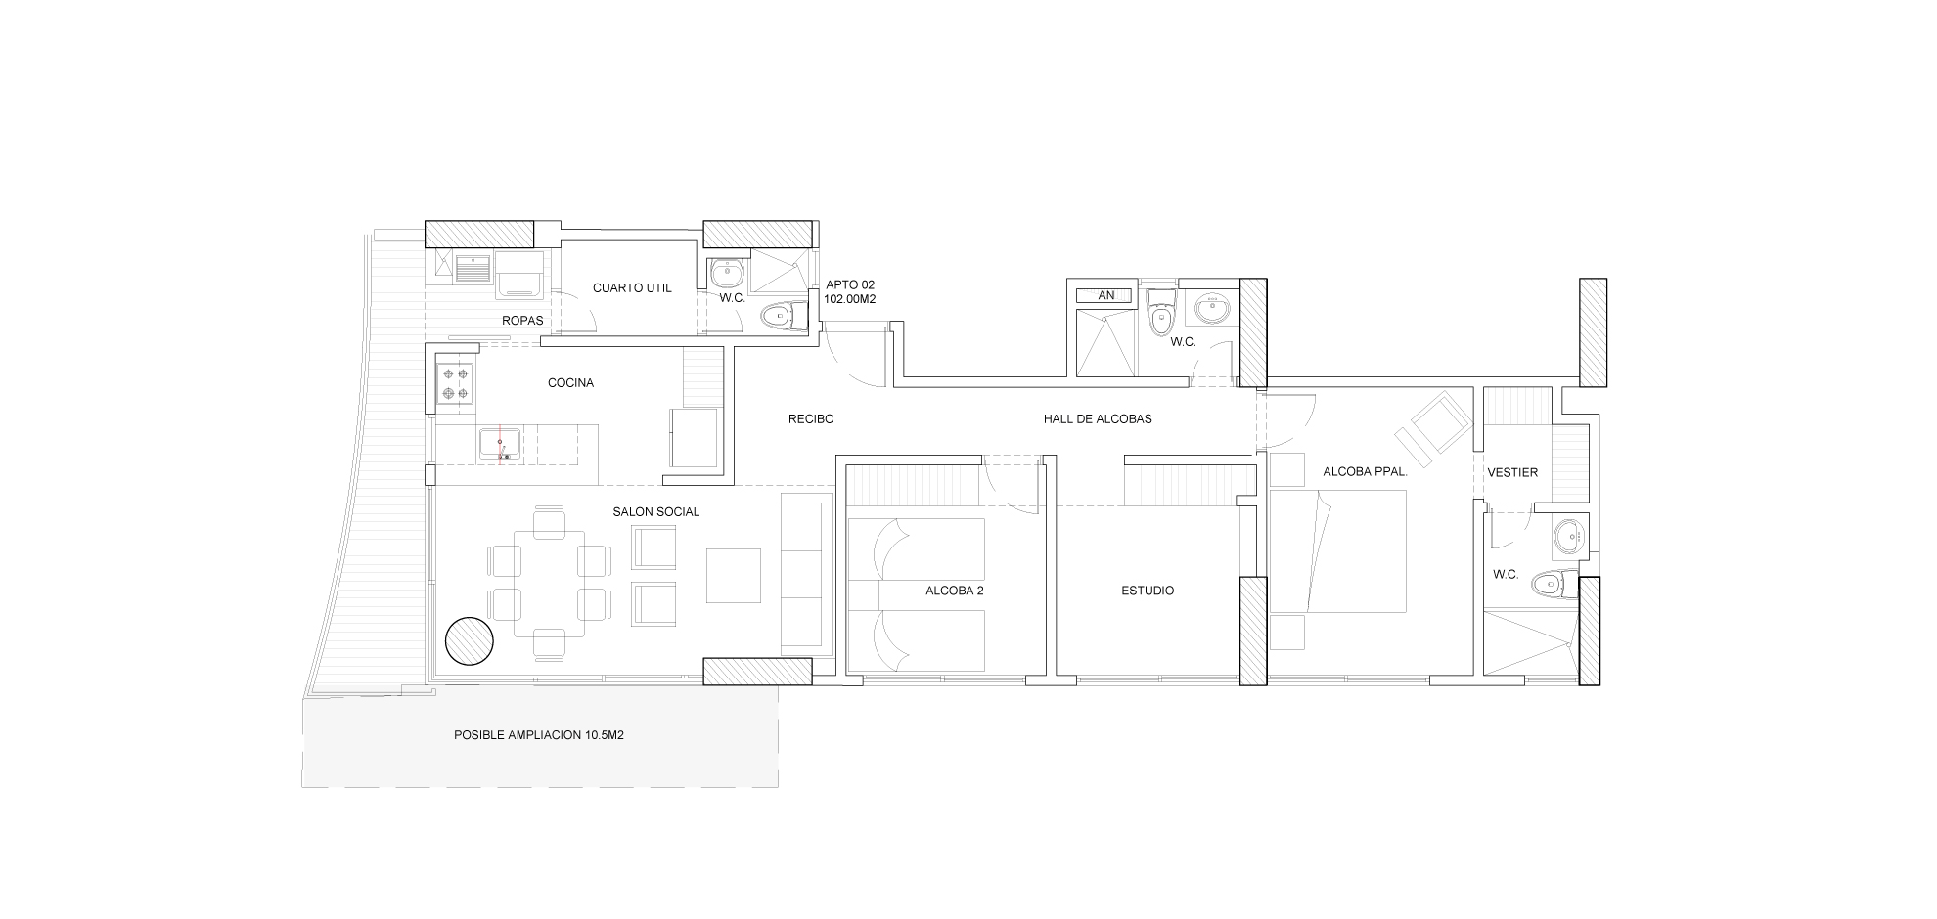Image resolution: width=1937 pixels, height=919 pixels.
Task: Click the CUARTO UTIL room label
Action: (632, 288)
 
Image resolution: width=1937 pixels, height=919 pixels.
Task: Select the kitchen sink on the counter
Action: (500, 445)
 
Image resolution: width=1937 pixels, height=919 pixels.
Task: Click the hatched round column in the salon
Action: (470, 641)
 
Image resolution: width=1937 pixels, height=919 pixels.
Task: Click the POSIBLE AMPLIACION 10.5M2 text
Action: (539, 735)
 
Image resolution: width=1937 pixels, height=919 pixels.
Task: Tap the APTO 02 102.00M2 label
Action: (850, 292)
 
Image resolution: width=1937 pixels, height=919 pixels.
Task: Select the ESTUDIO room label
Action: (1148, 591)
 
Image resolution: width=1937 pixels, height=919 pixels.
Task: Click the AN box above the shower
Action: (1106, 295)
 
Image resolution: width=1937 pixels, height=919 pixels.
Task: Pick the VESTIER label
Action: (1512, 472)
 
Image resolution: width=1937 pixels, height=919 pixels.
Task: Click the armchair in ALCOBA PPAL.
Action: (1435, 422)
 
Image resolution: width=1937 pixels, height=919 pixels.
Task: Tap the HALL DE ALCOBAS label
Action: (1098, 419)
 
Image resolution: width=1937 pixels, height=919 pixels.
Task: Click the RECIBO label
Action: (811, 419)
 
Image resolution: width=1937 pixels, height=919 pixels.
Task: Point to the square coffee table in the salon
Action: (733, 576)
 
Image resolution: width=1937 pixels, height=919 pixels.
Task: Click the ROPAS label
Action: (522, 321)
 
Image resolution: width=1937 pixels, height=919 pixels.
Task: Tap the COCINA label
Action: (570, 383)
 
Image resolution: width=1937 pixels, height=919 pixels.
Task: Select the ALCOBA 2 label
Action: (955, 591)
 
